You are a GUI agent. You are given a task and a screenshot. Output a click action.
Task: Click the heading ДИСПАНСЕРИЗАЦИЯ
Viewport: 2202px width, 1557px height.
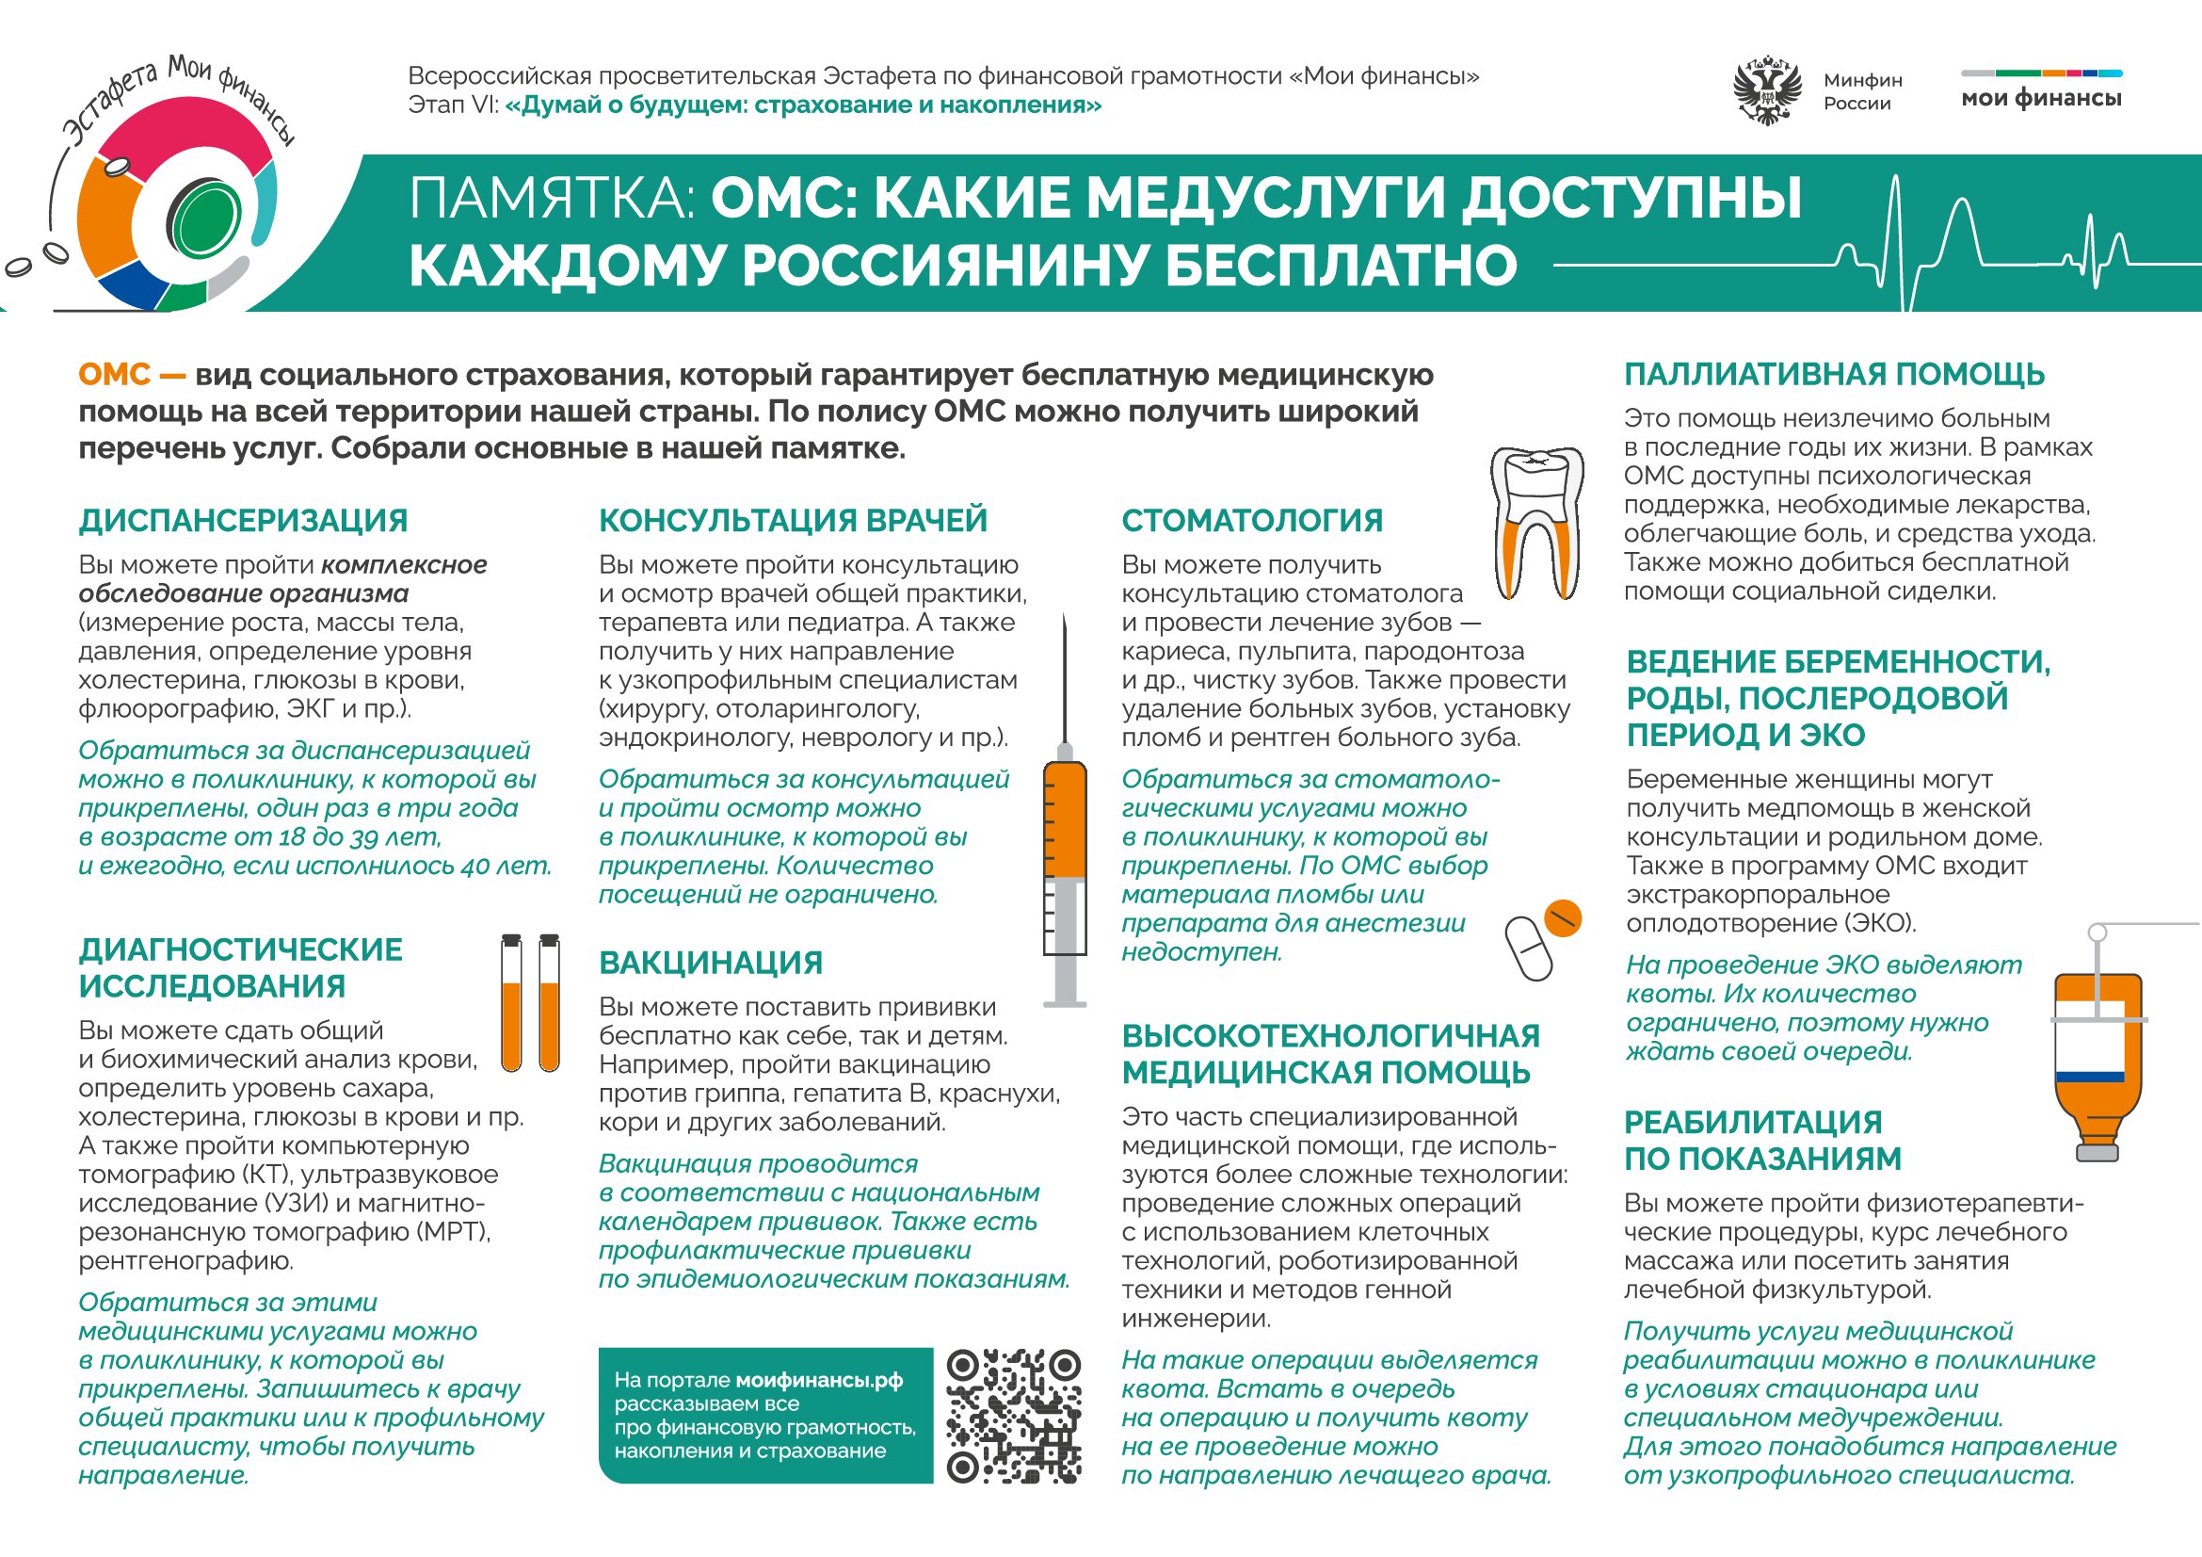[x=243, y=521]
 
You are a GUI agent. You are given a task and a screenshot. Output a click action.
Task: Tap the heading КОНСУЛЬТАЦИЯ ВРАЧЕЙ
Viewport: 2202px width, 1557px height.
[x=792, y=520]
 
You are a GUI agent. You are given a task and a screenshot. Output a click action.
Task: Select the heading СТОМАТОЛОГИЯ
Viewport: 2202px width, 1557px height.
[x=1251, y=521]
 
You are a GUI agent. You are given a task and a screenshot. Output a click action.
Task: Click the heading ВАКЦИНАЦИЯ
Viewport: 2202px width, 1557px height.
[x=711, y=964]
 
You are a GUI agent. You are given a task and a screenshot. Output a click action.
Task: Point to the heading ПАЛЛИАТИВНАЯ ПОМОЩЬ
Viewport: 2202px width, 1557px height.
[x=1834, y=374]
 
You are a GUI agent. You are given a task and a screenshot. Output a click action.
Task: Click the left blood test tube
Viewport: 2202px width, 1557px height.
[x=512, y=1002]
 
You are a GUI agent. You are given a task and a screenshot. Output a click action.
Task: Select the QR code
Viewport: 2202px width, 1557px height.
[x=1014, y=1415]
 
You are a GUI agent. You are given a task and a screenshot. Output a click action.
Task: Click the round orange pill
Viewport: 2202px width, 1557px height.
[x=1563, y=918]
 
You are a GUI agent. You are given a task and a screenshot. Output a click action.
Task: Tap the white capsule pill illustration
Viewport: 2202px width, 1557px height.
[x=1528, y=948]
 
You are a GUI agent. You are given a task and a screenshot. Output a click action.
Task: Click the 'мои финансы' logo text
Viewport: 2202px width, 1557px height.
[x=2041, y=98]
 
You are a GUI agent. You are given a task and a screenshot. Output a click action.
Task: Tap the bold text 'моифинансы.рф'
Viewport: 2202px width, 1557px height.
[x=819, y=1380]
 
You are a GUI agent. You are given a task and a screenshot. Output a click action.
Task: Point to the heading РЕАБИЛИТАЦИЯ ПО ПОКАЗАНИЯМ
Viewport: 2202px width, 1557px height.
[x=1761, y=1141]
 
